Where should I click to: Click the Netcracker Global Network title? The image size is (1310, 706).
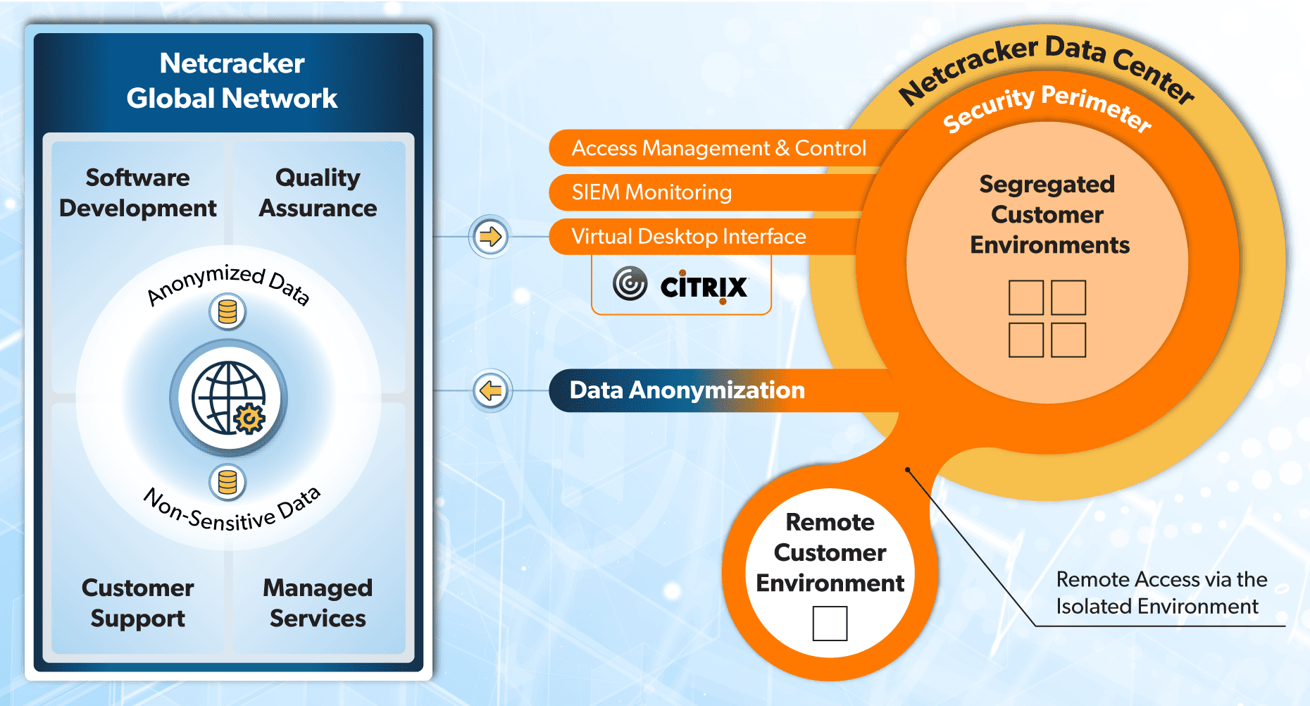(x=232, y=81)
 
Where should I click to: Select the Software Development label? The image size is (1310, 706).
(x=138, y=192)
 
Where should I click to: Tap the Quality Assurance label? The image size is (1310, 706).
(x=318, y=192)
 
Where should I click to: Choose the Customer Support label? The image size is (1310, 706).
(x=138, y=602)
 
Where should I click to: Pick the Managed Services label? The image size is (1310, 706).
(x=318, y=602)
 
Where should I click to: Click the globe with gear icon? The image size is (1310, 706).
(x=229, y=398)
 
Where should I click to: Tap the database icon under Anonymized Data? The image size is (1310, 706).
(x=227, y=311)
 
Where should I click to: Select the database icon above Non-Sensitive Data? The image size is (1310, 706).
(x=227, y=483)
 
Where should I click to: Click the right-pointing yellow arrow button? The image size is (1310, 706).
(x=490, y=236)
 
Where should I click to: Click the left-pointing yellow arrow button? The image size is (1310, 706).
(x=490, y=390)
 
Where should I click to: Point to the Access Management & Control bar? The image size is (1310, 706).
(x=718, y=148)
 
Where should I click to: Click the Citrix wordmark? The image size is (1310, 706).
(x=704, y=287)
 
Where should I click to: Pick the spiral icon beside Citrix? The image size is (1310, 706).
(x=630, y=283)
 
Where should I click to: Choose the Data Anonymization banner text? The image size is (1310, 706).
(x=687, y=390)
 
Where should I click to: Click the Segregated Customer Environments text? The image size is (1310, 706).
(x=1048, y=214)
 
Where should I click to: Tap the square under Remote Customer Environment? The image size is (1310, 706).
(x=830, y=624)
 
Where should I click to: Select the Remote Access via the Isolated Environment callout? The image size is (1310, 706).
(x=1161, y=593)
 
